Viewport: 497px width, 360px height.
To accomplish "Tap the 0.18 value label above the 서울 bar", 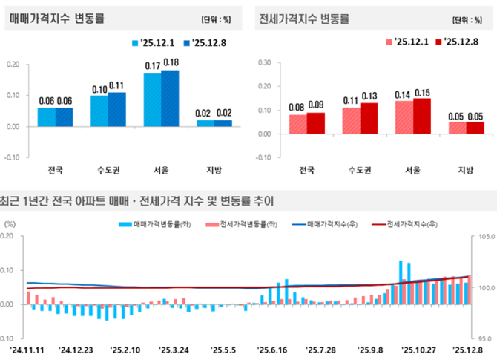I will pos(171,62).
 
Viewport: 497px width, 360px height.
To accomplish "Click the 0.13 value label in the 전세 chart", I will pos(369,95).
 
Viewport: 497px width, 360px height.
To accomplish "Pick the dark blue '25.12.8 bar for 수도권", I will pos(117,109).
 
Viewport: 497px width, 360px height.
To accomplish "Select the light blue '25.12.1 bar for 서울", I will pos(152,99).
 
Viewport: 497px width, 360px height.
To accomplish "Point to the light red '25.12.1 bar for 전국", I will pos(297,124).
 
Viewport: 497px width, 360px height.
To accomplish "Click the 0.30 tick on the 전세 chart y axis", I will pos(262,63).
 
